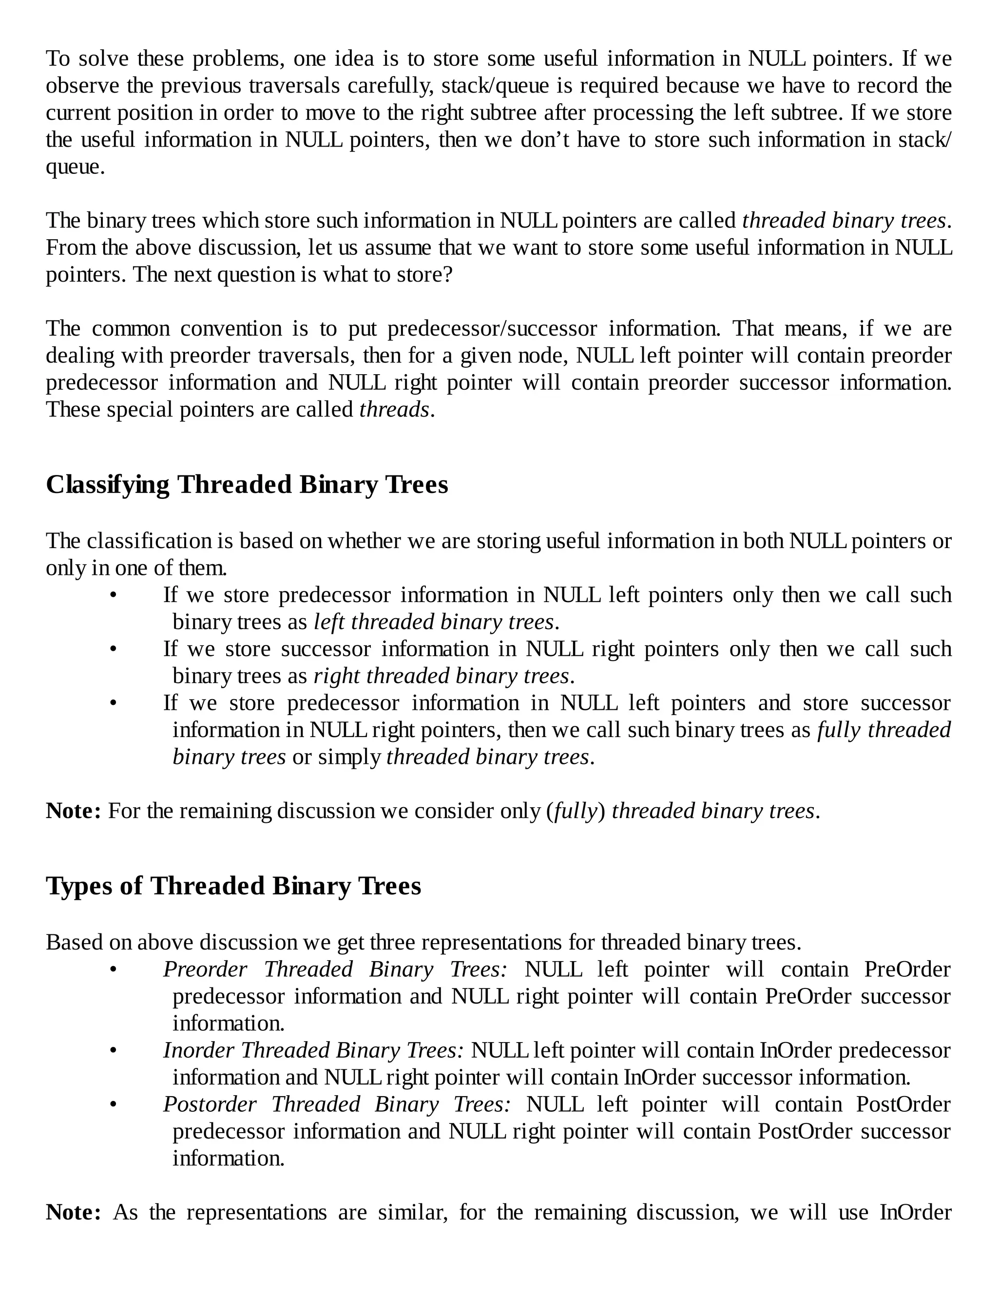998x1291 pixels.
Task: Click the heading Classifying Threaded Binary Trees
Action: point(247,485)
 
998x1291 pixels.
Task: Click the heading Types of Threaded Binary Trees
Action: point(233,886)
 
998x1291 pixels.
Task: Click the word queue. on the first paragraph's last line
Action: point(75,167)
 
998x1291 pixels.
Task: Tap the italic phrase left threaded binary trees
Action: point(434,622)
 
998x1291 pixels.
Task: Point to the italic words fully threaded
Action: point(884,730)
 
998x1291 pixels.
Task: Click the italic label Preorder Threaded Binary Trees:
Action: point(335,969)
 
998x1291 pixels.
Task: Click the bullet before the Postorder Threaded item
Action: point(114,1105)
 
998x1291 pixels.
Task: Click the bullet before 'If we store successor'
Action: point(114,649)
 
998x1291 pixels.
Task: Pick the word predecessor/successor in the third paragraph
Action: point(492,329)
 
